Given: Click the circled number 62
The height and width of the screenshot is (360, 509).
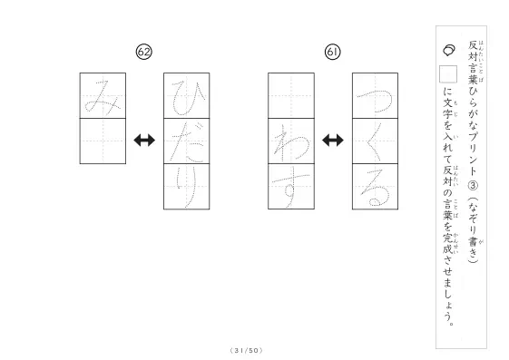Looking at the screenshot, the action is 143,52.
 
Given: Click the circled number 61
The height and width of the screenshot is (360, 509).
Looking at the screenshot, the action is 332,52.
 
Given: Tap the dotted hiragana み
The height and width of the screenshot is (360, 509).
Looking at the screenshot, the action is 103,96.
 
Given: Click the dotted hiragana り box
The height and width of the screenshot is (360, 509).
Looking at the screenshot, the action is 187,187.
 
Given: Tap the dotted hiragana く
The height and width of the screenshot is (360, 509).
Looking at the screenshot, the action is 374,142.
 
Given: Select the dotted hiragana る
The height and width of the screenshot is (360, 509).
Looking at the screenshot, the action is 375,188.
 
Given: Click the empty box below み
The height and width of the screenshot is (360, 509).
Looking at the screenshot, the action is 103,141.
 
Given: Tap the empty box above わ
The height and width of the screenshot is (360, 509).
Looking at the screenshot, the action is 291,96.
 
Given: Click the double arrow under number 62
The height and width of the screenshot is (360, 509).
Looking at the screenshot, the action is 144,141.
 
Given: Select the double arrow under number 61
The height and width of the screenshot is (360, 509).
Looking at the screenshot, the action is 333,141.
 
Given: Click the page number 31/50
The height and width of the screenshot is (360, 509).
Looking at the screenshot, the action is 246,351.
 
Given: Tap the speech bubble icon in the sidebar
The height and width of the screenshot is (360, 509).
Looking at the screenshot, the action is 448,50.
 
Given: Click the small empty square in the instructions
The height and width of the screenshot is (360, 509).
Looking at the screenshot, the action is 448,74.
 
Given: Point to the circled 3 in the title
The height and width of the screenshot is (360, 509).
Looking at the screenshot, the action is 473,186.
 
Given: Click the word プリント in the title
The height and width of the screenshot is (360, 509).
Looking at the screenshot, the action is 473,154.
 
